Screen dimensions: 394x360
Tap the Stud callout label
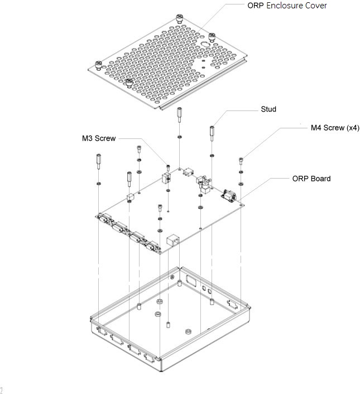tap(268, 109)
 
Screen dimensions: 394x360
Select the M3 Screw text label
tap(99, 138)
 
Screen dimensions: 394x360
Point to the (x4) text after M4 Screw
tap(350, 128)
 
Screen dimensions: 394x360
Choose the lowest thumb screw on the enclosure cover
tap(129, 84)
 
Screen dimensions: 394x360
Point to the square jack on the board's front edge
tap(172, 241)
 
